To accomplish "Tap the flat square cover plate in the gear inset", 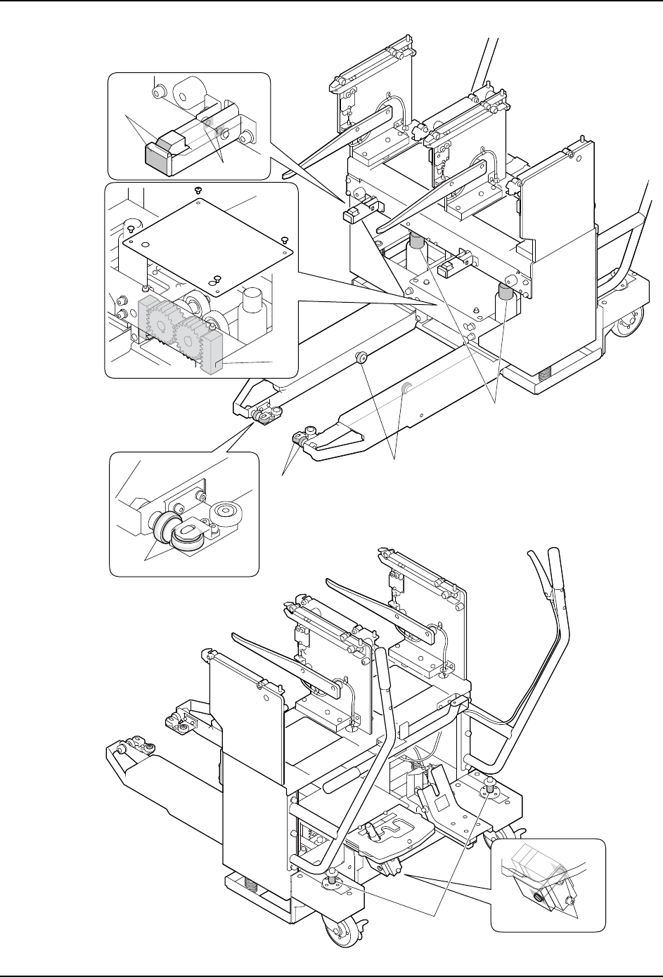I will (205, 238).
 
